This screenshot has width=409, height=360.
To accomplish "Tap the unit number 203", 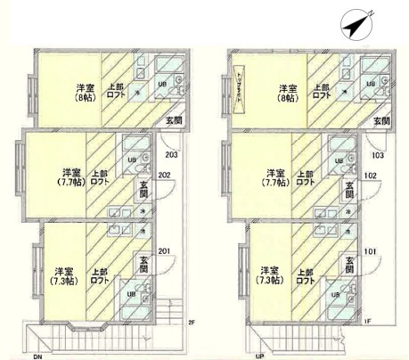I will click(172, 154).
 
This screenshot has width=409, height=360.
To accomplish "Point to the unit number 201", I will click(163, 251).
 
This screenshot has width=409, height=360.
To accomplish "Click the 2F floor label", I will click(191, 322).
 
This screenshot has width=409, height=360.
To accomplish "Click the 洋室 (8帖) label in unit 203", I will click(85, 94).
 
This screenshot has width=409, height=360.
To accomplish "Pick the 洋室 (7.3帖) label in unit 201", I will click(63, 275).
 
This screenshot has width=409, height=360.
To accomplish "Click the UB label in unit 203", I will click(162, 85).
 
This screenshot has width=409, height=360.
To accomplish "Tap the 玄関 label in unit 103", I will click(380, 120).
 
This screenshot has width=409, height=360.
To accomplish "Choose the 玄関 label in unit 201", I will click(143, 264).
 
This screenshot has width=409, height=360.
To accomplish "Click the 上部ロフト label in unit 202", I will click(104, 176).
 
